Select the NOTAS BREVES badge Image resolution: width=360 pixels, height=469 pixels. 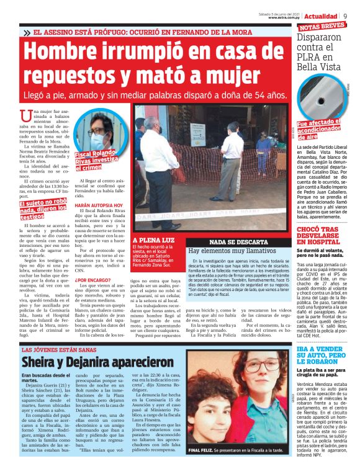pyautogui.click(x=322, y=27)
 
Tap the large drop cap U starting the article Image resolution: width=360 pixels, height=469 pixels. pyautogui.click(x=26, y=115)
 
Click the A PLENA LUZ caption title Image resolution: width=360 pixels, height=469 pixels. pyautogui.click(x=153, y=239)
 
